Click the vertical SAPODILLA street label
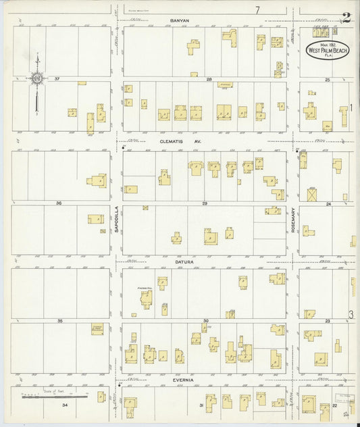pyautogui.click(x=117, y=220)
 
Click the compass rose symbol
pyautogui.click(x=37, y=80)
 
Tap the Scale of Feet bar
pyautogui.click(x=54, y=397)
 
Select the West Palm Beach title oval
pyautogui.click(x=328, y=49)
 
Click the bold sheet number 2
pyautogui.click(x=345, y=18)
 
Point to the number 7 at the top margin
pyautogui.click(x=257, y=10)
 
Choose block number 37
pyautogui.click(x=57, y=79)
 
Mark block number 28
pyautogui.click(x=209, y=80)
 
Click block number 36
pyautogui.click(x=59, y=203)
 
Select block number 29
pyautogui.click(x=204, y=203)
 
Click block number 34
pyautogui.click(x=65, y=405)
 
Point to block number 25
pyautogui.click(x=328, y=80)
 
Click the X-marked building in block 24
pyautogui.click(x=312, y=195)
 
